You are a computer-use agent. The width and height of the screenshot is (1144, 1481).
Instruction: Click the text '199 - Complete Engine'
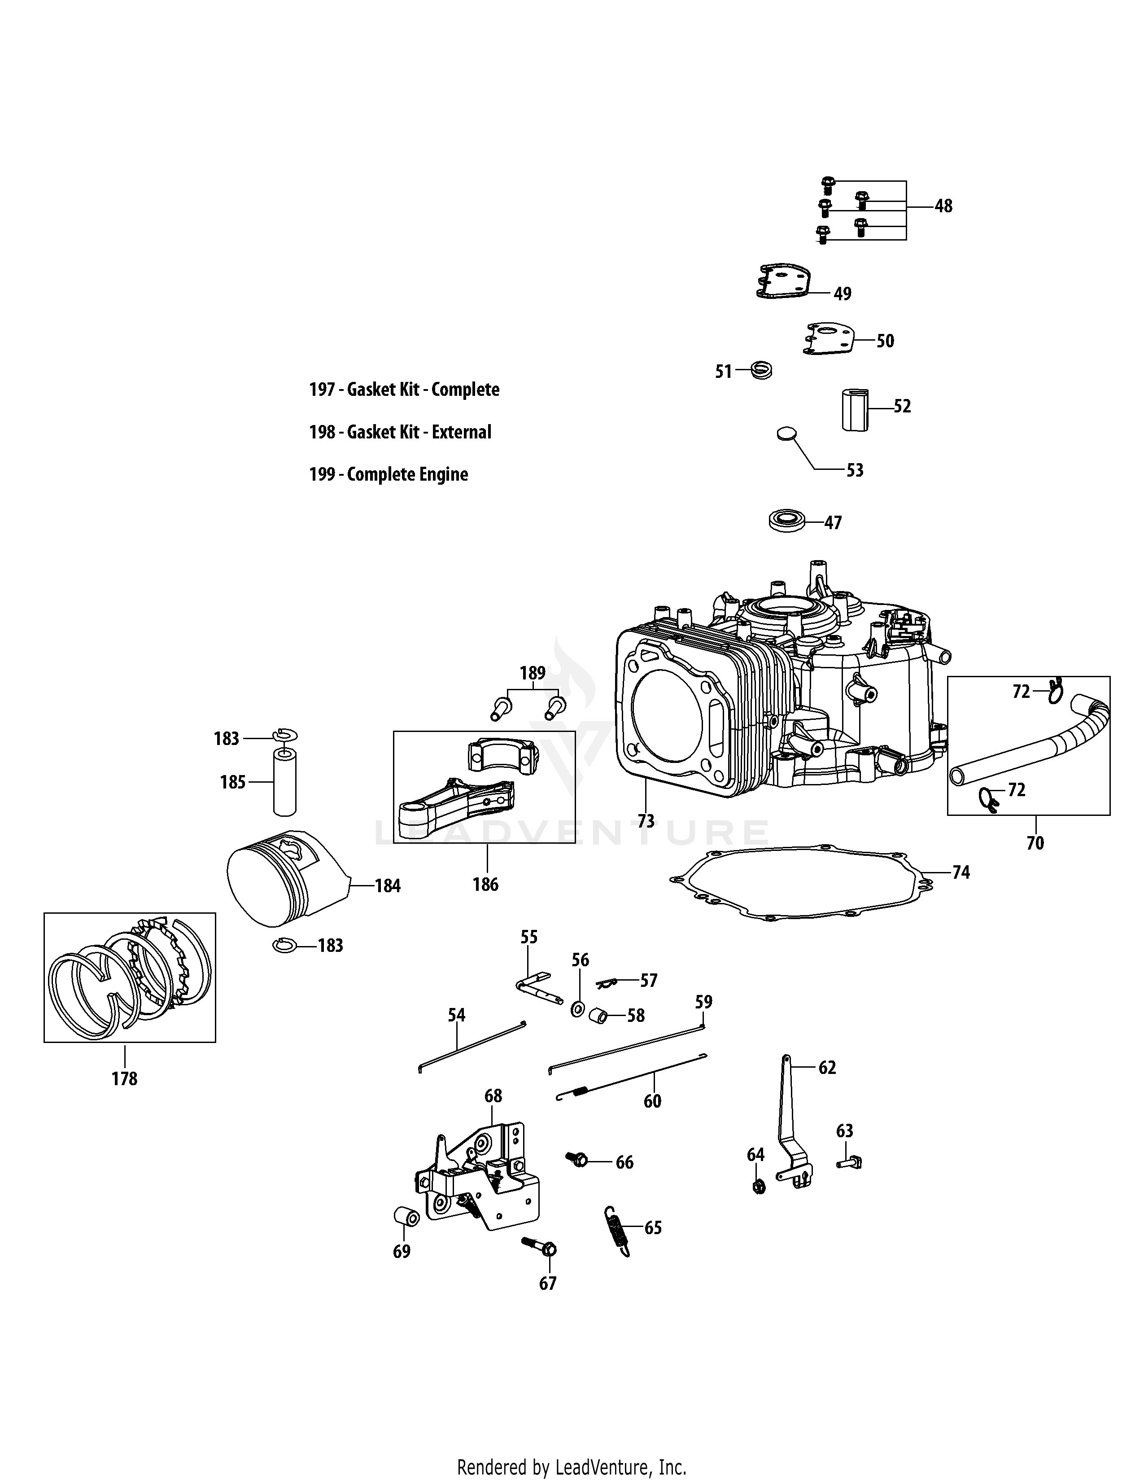click(x=389, y=474)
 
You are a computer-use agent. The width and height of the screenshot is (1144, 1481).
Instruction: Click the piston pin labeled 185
click(x=284, y=781)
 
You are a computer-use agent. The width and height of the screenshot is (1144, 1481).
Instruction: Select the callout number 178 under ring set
click(x=125, y=1078)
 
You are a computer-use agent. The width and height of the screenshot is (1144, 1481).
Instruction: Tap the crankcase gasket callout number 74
click(x=961, y=872)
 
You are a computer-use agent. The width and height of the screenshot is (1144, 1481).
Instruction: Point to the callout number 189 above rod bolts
click(x=532, y=673)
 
